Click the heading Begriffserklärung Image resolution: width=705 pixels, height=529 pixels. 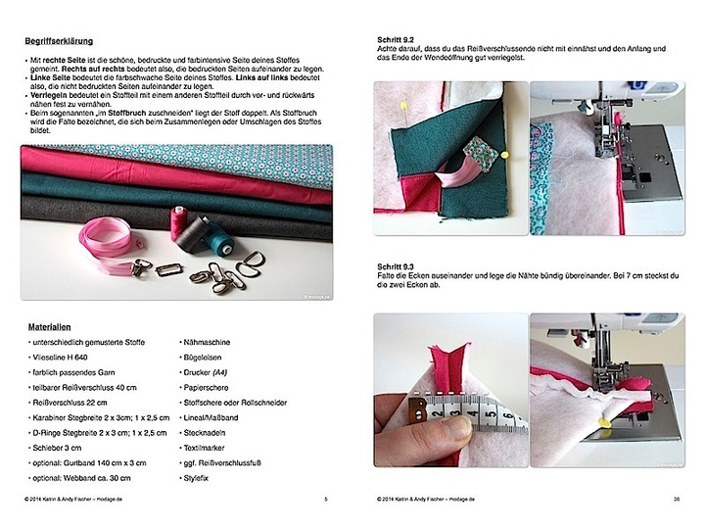(66, 42)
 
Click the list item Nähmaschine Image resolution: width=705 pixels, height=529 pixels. (207, 342)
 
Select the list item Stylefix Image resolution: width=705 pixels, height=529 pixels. (199, 479)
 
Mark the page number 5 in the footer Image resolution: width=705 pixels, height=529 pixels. (325, 499)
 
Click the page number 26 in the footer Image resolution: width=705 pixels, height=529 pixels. (677, 499)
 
